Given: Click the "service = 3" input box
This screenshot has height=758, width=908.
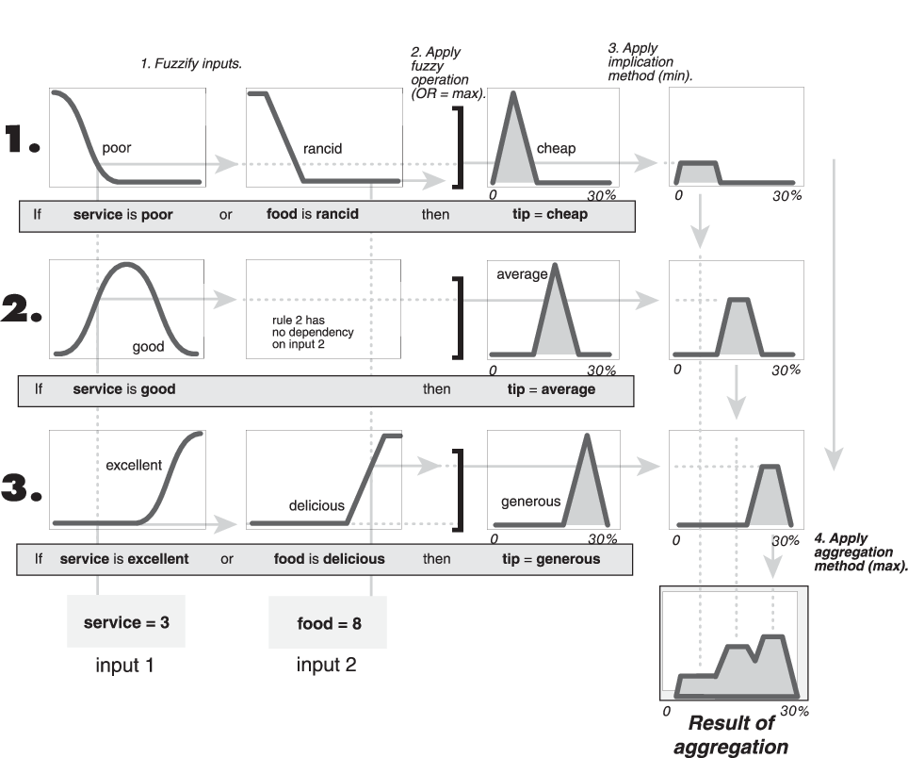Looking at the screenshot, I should coord(126,623).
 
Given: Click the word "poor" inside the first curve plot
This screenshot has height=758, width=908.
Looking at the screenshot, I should coord(117,148).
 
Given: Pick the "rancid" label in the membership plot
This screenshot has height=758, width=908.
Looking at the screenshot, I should coord(323,148).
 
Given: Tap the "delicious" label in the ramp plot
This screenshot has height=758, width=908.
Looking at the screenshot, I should coord(316,505).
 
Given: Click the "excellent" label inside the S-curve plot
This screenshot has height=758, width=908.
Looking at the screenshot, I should coord(134,465).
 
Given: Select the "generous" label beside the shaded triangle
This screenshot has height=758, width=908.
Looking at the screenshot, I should coord(530,502).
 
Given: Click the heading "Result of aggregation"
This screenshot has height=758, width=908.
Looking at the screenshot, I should coord(731,735).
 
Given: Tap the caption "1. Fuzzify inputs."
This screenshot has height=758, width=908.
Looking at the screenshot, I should coord(190,65).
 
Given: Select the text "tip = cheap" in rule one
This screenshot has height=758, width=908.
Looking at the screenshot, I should coord(543,214).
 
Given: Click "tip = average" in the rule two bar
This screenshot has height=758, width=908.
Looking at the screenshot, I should coord(547,388).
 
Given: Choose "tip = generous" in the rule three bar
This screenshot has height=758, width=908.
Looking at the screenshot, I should coord(550,558).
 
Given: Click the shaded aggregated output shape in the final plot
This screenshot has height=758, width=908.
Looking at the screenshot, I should coord(744,673).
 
